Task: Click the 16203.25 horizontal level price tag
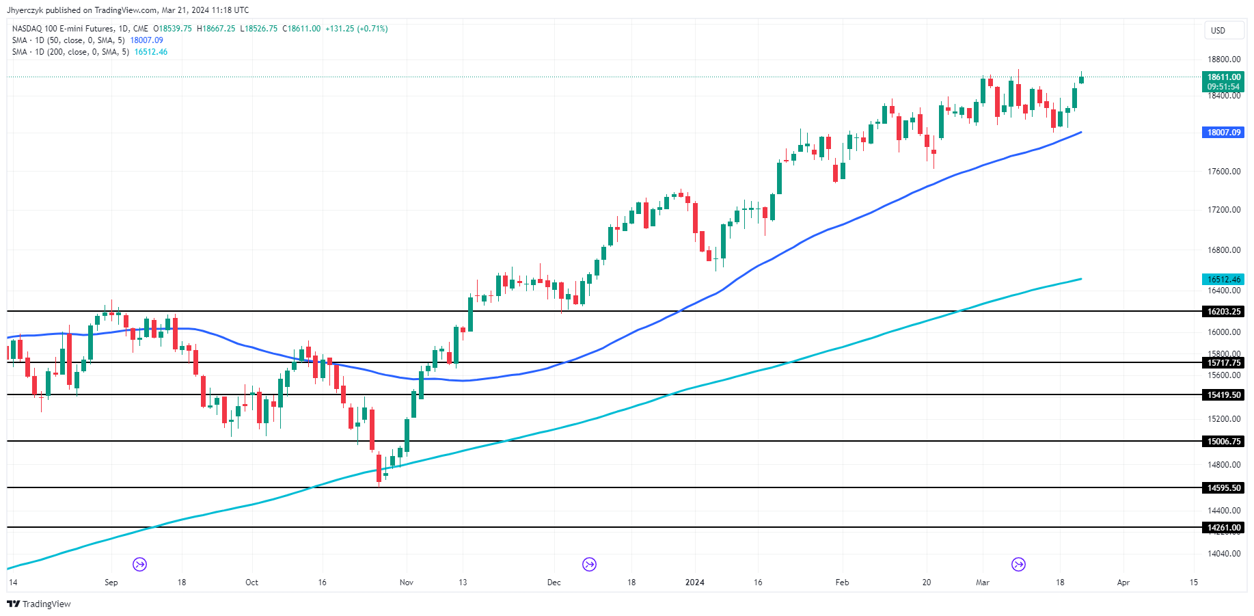(x=1223, y=312)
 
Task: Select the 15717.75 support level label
(x=1223, y=363)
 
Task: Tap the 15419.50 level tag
(x=1223, y=395)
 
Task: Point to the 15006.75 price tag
(x=1223, y=442)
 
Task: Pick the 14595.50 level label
(x=1223, y=488)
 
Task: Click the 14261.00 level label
(x=1223, y=528)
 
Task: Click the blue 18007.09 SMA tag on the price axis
(x=1223, y=133)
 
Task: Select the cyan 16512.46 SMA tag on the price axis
(x=1223, y=280)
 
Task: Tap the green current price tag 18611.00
(x=1223, y=78)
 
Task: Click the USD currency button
(x=1218, y=31)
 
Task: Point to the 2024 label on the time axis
(x=694, y=582)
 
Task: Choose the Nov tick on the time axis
(x=407, y=582)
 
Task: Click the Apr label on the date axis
(x=1123, y=582)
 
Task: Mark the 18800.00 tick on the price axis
(x=1223, y=59)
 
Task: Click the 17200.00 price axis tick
(x=1223, y=210)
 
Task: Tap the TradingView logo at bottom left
(x=39, y=604)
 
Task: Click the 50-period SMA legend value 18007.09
(x=146, y=40)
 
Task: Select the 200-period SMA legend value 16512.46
(x=150, y=52)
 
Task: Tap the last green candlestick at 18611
(x=1081, y=80)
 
